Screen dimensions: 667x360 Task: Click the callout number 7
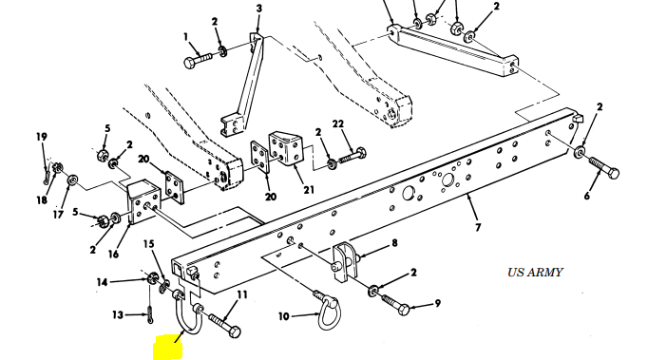point(478,227)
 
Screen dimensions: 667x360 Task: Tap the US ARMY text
point(535,273)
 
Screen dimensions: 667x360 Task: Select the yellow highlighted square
point(167,348)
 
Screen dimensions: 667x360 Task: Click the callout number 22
point(337,123)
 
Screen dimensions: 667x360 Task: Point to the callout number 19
point(41,137)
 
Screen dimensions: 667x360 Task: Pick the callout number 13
point(118,315)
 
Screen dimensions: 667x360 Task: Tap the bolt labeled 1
point(198,61)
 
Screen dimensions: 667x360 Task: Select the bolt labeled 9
point(395,304)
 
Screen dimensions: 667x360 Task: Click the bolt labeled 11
point(224,325)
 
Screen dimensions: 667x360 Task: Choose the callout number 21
point(309,190)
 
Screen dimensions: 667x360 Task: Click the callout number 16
point(113,255)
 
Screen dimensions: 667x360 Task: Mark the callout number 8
point(394,243)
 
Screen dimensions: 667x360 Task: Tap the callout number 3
point(259,9)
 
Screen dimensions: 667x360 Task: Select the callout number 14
point(102,282)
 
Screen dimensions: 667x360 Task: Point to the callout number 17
point(58,215)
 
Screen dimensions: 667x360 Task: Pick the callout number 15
point(148,244)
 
